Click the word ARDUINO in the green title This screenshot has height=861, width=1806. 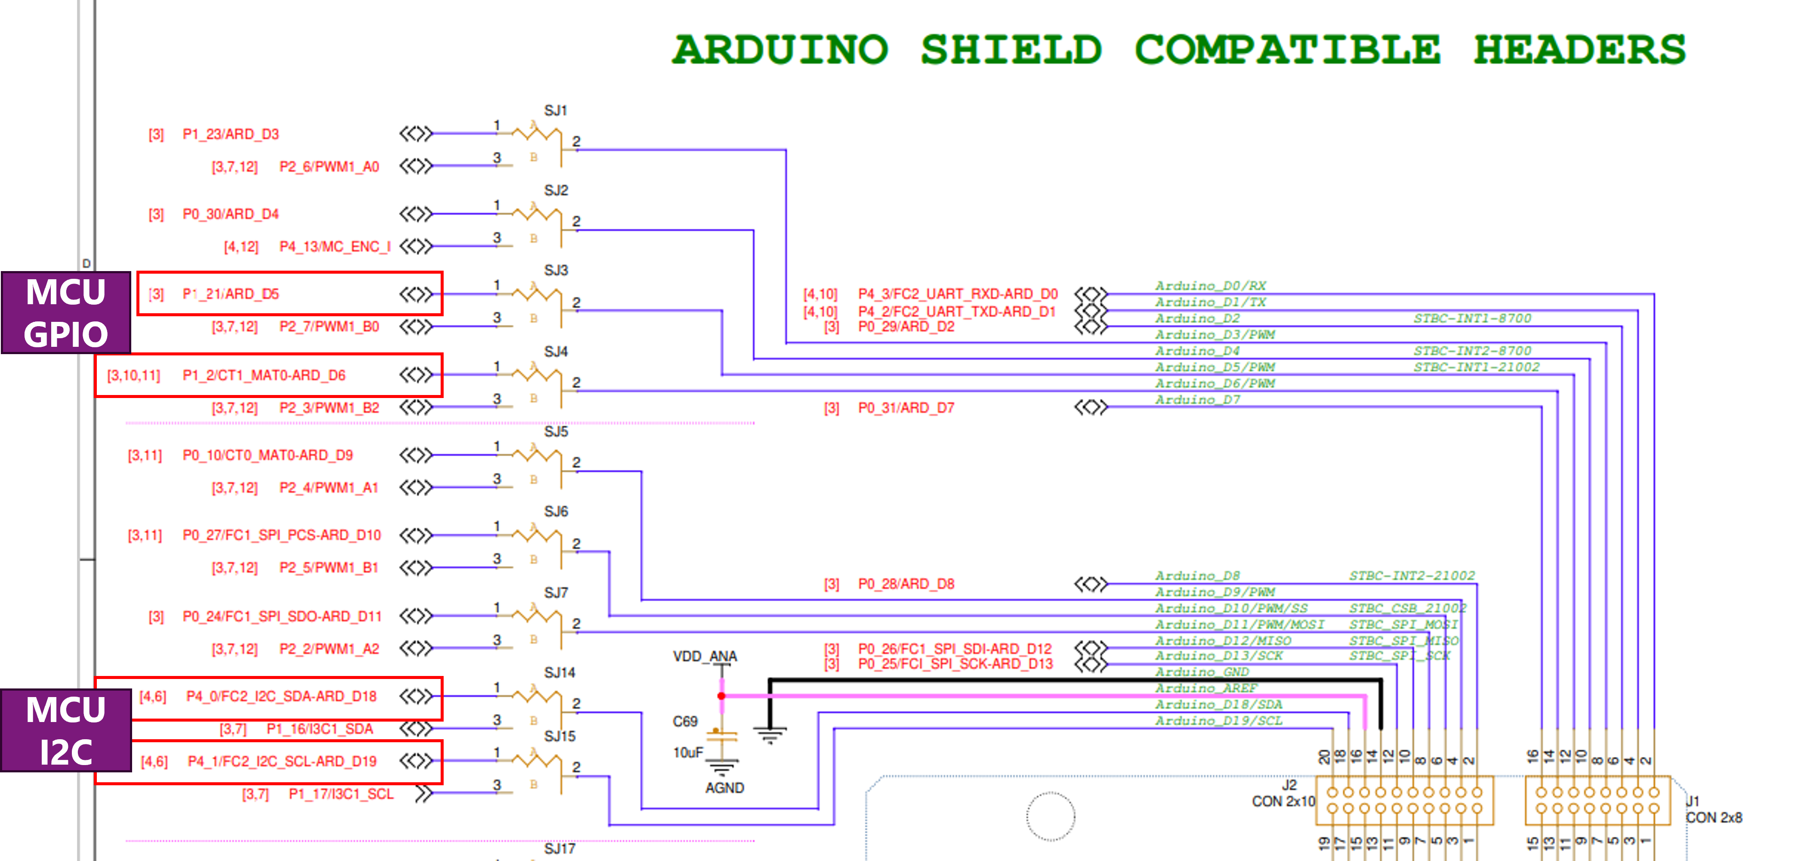click(x=780, y=50)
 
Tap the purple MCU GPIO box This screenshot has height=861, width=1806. click(x=66, y=313)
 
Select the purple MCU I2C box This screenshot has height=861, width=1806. click(x=66, y=731)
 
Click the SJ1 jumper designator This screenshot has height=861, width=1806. click(x=555, y=111)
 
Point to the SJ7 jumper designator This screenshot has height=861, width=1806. click(x=555, y=593)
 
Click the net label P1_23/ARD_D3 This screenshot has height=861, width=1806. click(x=231, y=134)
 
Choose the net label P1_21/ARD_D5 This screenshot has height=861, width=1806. click(x=231, y=294)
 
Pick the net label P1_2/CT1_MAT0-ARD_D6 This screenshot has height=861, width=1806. click(x=264, y=375)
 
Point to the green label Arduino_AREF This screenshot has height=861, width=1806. click(x=1206, y=688)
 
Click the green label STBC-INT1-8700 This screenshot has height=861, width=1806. click(x=1472, y=318)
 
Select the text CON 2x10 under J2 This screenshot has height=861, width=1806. click(x=1283, y=801)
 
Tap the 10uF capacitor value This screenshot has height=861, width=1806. click(x=688, y=752)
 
